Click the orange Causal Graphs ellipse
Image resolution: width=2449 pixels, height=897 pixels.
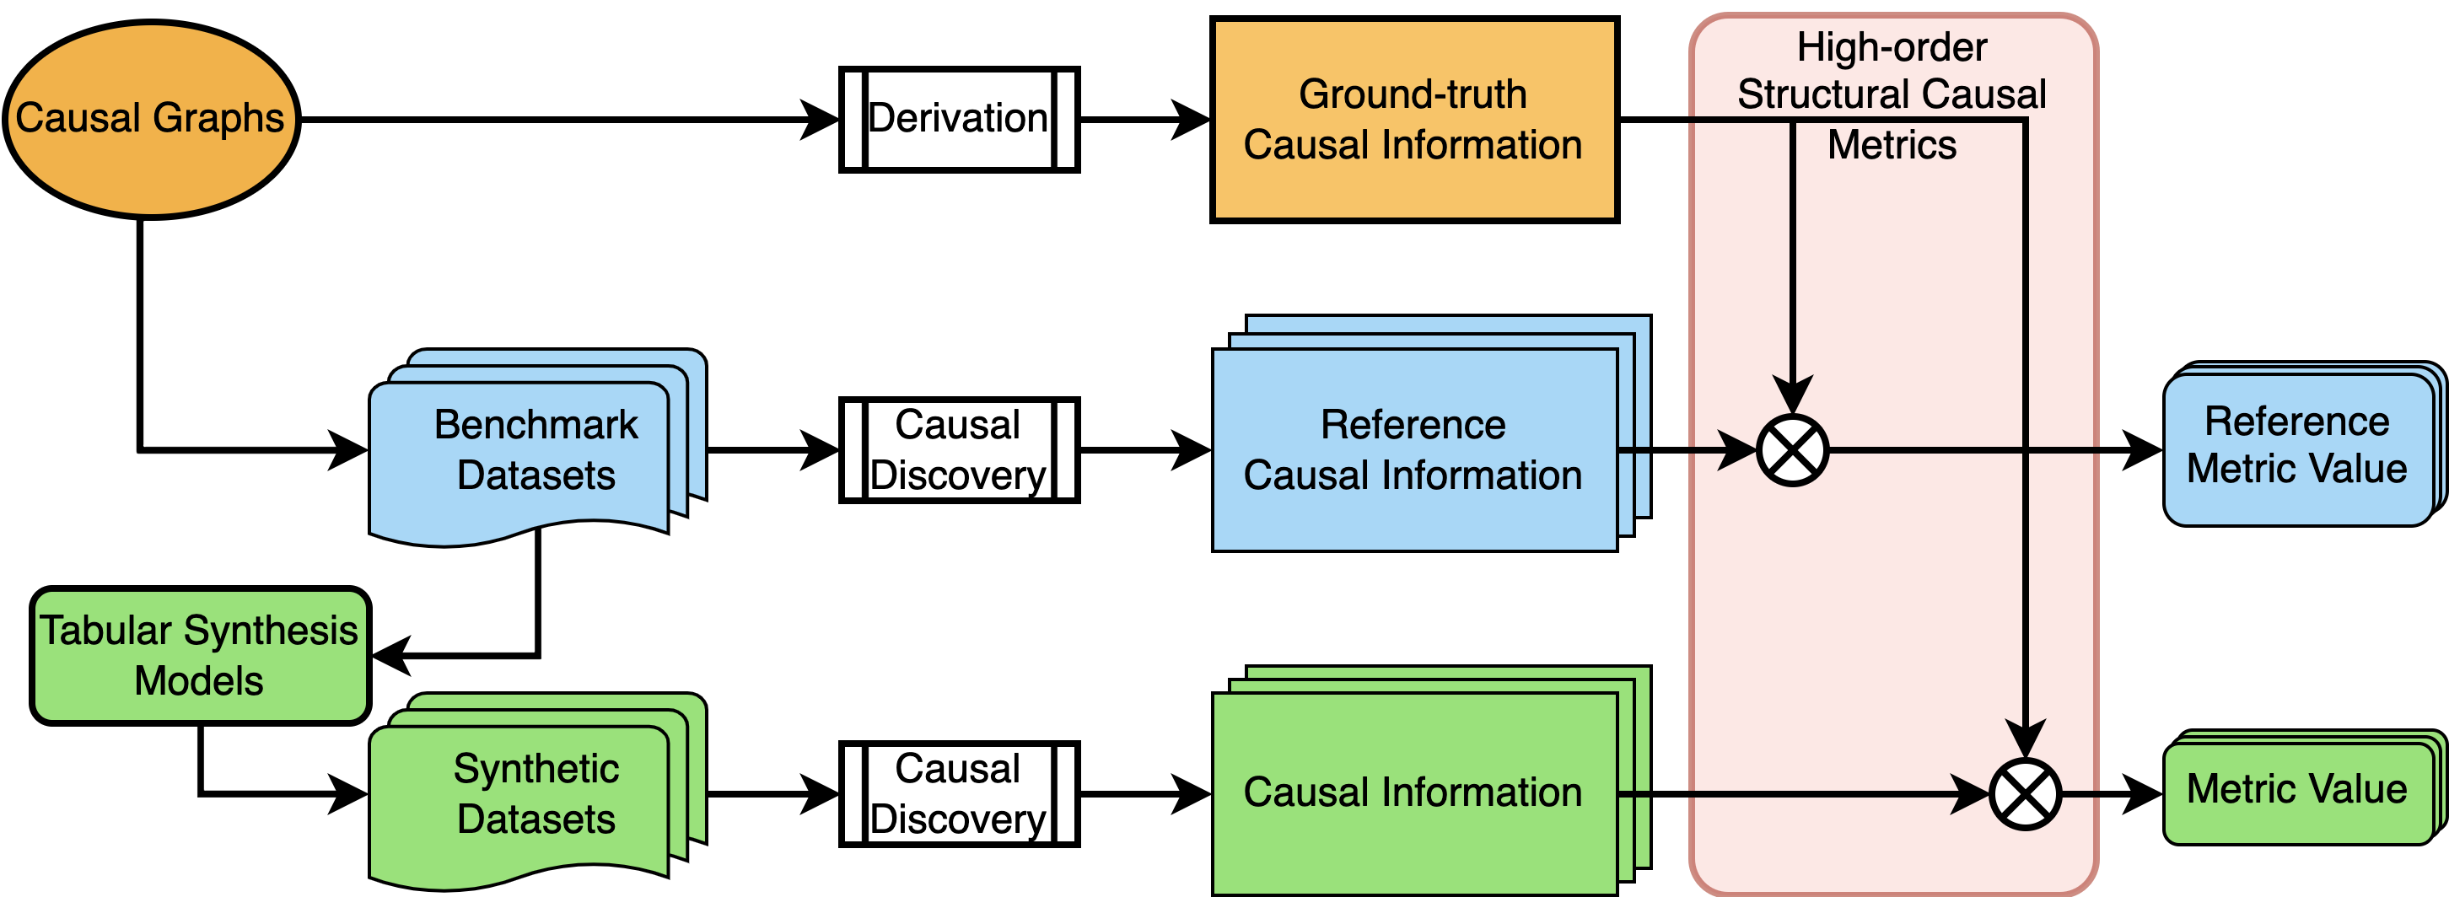[x=150, y=119]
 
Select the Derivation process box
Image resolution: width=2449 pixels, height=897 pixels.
[x=958, y=119]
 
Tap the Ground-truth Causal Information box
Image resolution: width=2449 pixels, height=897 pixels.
[x=1413, y=120]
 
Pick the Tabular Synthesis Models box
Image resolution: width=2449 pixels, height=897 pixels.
[x=200, y=656]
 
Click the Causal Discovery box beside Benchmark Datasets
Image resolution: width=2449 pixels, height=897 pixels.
[x=958, y=449]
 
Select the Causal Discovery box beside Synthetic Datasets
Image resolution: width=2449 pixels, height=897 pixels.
[x=958, y=793]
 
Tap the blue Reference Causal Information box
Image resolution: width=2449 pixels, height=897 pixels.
[x=1413, y=449]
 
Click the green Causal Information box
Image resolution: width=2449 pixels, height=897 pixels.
[x=1413, y=792]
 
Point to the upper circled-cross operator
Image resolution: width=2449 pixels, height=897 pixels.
[x=1792, y=450]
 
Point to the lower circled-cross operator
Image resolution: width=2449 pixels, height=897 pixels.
[x=2025, y=794]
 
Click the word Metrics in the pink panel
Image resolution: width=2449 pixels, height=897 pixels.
[x=1892, y=145]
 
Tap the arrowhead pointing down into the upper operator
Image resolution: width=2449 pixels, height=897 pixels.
[x=1792, y=395]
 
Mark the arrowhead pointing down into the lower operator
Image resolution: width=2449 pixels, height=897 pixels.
[x=2025, y=739]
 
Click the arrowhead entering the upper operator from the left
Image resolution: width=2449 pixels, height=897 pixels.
[x=1738, y=450]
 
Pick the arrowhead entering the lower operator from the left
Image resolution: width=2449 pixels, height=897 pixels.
[x=1970, y=794]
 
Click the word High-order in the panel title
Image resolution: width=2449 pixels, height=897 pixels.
[x=1892, y=47]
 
